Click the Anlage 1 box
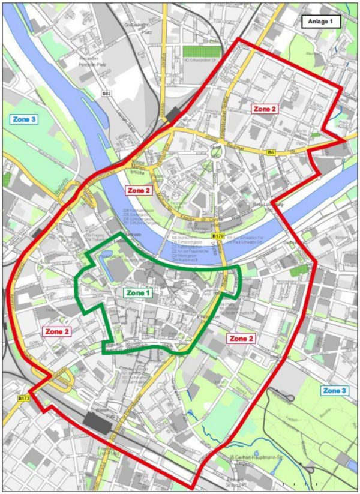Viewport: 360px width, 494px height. click(321, 22)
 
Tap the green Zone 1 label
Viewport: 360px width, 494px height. click(139, 293)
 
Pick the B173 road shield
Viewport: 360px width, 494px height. click(23, 398)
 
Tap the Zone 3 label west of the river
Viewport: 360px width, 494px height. click(25, 119)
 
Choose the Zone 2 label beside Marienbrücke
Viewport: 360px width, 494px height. click(138, 191)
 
